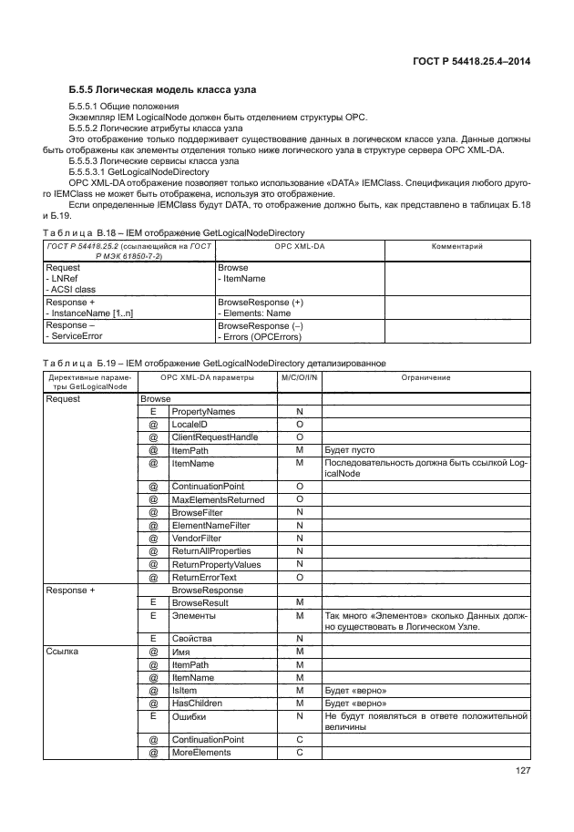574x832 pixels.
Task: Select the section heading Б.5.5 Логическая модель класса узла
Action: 162,90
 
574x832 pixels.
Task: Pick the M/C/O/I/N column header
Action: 299,377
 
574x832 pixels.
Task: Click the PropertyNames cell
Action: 203,412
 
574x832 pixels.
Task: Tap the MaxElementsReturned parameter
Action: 218,500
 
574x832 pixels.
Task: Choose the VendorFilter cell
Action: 197,539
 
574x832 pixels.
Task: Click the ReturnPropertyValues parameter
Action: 217,564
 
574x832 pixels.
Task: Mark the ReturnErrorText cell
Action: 205,577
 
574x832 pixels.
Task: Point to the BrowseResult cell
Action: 200,602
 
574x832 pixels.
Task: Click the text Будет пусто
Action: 350,450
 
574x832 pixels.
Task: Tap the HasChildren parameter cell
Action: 200,703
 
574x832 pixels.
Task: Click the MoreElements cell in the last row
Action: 201,753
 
